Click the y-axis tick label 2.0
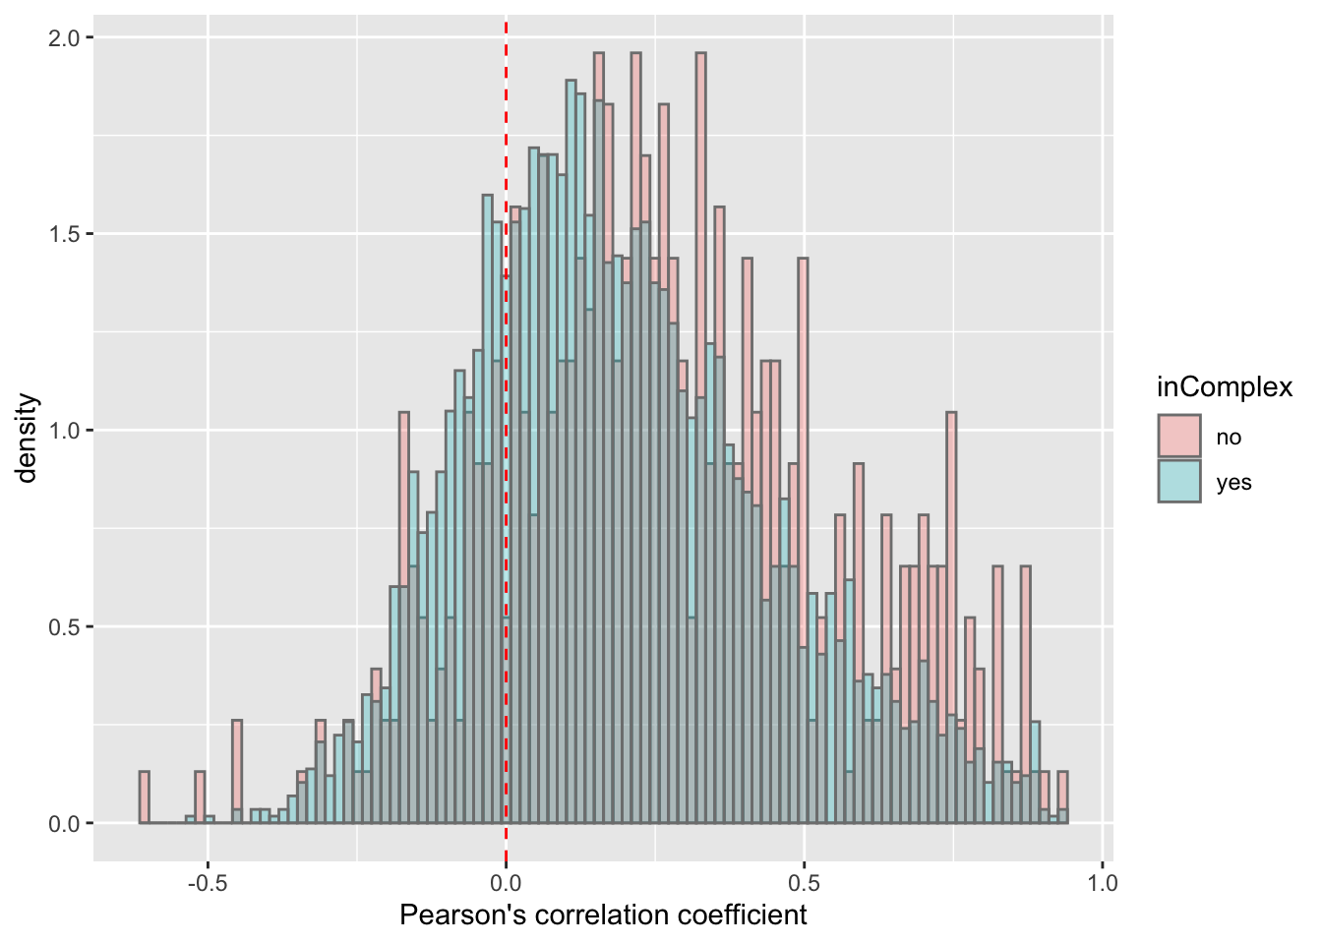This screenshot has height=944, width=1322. (x=66, y=37)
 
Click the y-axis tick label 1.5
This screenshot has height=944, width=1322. (x=66, y=234)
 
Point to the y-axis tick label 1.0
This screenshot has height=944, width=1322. (x=66, y=431)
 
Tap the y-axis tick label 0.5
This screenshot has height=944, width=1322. (x=66, y=627)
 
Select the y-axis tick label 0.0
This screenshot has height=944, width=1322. (x=66, y=824)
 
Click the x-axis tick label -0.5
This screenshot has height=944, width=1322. (x=206, y=882)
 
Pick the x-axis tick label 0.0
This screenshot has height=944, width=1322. (x=506, y=882)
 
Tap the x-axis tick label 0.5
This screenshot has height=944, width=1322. (x=805, y=882)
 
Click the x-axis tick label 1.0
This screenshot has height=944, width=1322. (x=1103, y=882)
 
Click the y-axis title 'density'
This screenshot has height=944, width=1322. (x=27, y=439)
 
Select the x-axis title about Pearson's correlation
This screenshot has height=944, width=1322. (x=603, y=915)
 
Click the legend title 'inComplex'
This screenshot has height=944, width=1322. (x=1224, y=387)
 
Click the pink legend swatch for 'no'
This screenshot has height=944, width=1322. (x=1179, y=437)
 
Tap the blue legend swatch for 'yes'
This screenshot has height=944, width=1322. (x=1179, y=482)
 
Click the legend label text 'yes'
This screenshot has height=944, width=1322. (x=1233, y=483)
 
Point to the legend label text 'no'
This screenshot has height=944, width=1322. (x=1229, y=438)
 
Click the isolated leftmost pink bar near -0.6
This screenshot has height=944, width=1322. (x=145, y=797)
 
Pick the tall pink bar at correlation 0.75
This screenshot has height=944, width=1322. (x=951, y=590)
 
